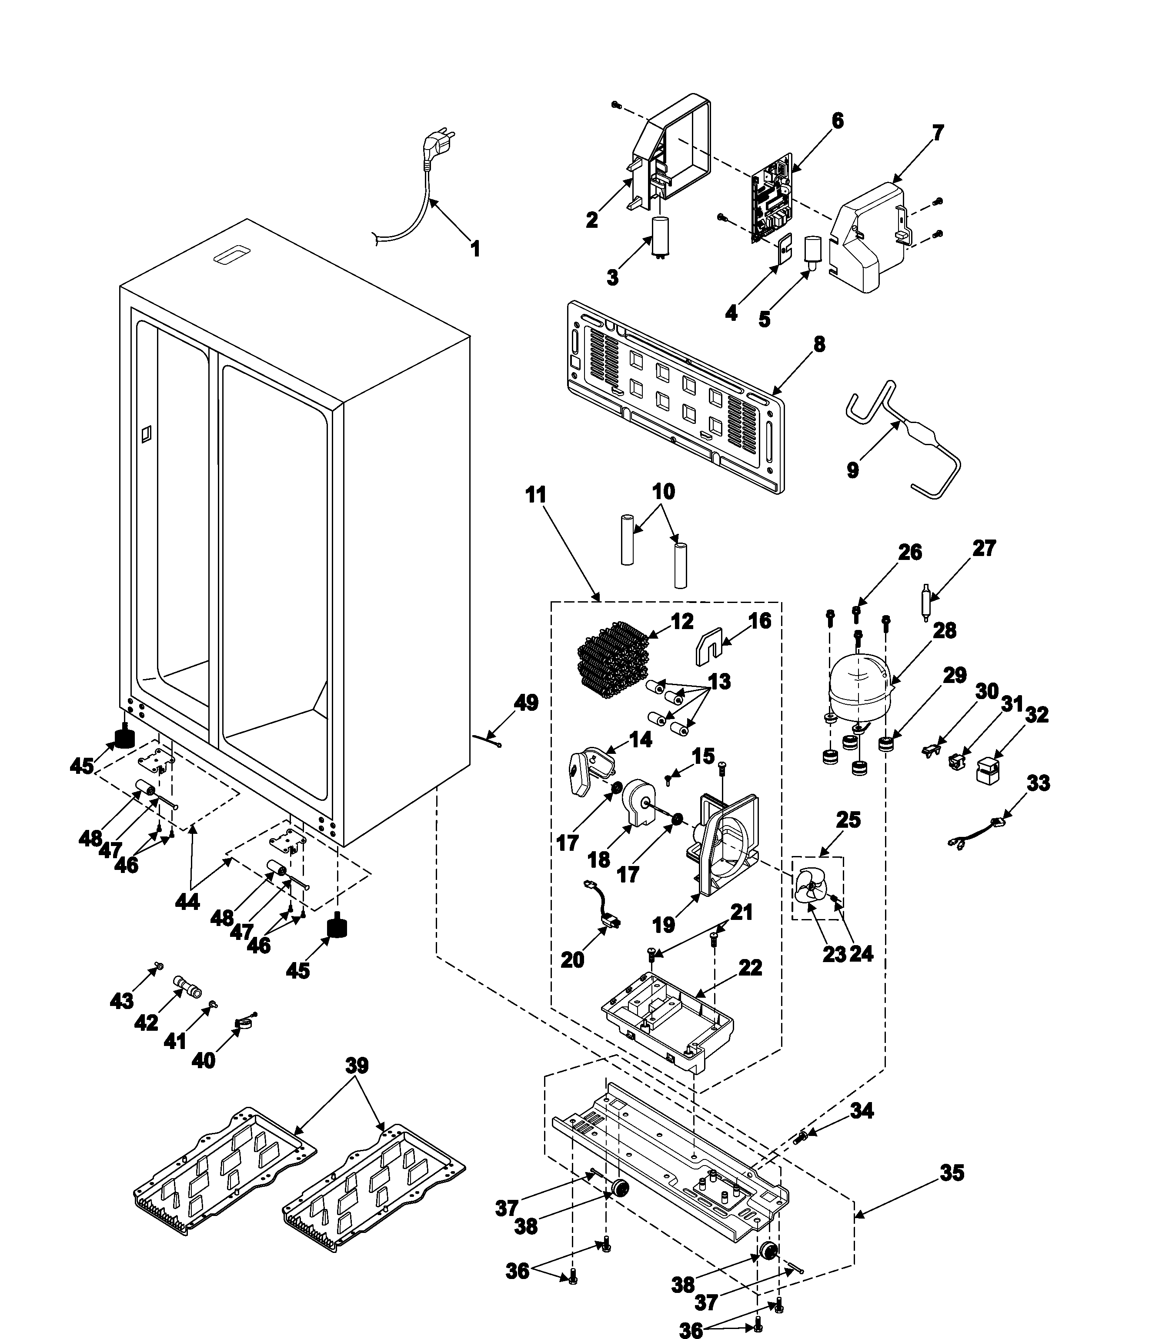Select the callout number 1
tap(476, 249)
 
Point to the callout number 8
tap(818, 344)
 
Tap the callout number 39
tap(357, 1066)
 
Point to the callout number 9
tap(852, 470)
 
